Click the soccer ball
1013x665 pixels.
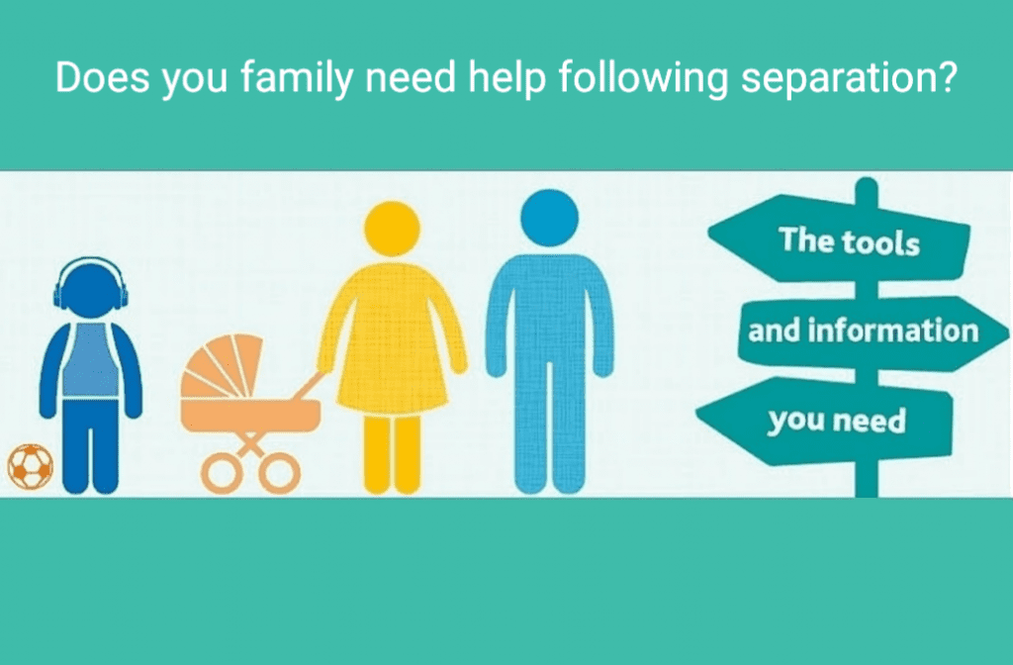(30, 465)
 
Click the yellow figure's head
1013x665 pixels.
(392, 231)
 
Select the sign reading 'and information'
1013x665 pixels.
(861, 329)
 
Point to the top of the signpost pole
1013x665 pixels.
(866, 185)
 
